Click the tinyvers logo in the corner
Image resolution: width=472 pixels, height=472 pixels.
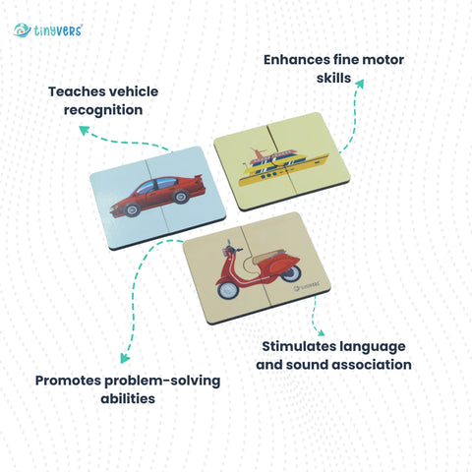[x=48, y=30]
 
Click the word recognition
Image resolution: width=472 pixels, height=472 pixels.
[x=103, y=110]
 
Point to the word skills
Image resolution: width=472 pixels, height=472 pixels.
[x=333, y=78]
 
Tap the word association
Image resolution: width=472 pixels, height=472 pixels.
[x=365, y=365]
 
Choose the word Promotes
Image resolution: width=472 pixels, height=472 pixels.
[x=68, y=381]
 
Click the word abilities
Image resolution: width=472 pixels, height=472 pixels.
[x=128, y=399]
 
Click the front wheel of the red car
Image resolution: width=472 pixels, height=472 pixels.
[x=133, y=209]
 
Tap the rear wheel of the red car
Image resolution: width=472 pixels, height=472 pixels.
[x=180, y=197]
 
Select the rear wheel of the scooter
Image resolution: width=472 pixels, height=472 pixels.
[x=292, y=272]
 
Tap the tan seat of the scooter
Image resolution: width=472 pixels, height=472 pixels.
[x=268, y=256]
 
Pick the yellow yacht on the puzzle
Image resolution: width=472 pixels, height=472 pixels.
[x=283, y=167]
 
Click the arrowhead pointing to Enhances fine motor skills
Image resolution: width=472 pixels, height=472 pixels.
[x=359, y=84]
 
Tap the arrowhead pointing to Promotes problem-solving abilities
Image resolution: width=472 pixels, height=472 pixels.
[x=125, y=358]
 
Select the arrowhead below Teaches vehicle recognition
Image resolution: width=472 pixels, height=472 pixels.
[x=84, y=130]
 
